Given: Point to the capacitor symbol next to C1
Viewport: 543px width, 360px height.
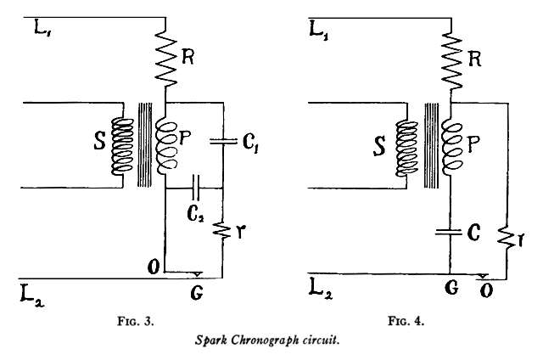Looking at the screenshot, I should (x=222, y=142).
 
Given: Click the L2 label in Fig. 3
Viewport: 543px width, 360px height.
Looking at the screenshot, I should (x=32, y=295).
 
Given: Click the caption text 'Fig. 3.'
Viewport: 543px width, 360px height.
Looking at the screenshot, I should (x=139, y=322).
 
